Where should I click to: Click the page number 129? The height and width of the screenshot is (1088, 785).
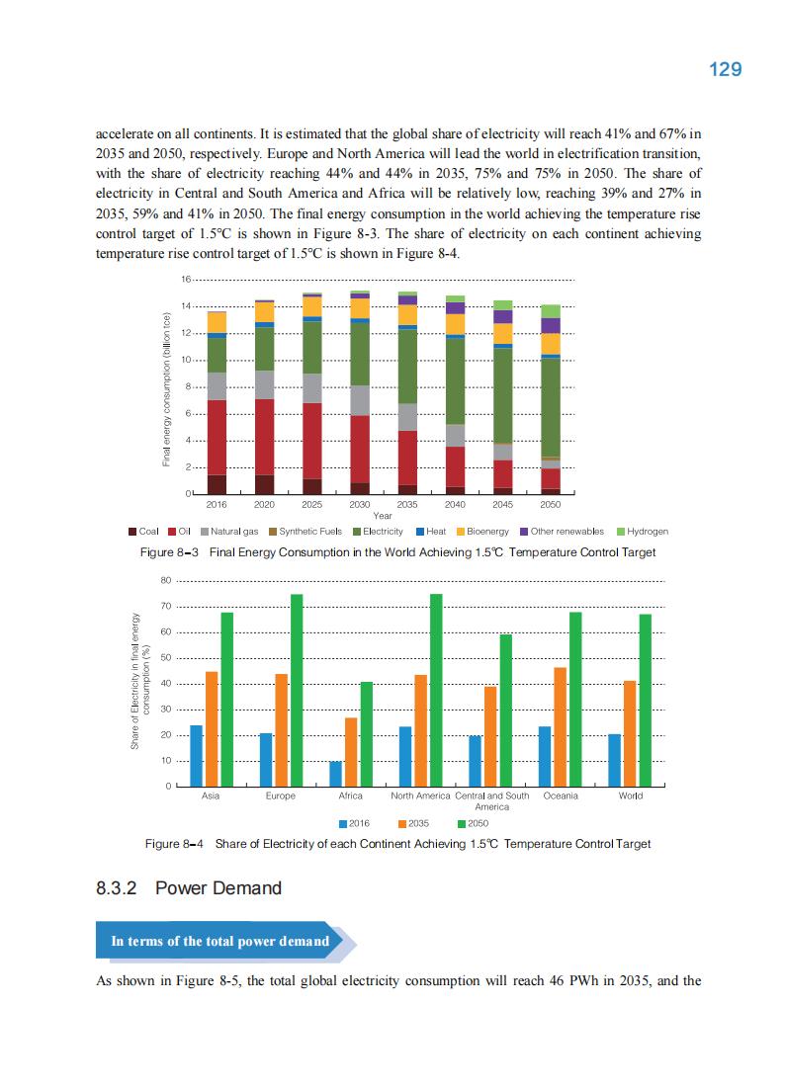tap(725, 69)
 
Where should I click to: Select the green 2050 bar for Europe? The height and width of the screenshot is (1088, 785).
tap(297, 690)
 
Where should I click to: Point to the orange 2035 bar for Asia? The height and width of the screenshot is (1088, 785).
tap(212, 728)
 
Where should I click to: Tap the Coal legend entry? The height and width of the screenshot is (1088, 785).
tap(143, 531)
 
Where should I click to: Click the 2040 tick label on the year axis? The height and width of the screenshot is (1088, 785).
tap(455, 504)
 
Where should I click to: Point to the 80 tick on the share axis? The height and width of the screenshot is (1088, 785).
tap(168, 580)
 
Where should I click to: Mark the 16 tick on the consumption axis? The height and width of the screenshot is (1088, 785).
tap(186, 280)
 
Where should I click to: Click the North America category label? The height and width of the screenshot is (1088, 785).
tap(420, 795)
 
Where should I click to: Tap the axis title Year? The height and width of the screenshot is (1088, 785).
tap(383, 515)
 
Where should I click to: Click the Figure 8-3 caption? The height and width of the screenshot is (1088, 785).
tap(397, 551)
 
